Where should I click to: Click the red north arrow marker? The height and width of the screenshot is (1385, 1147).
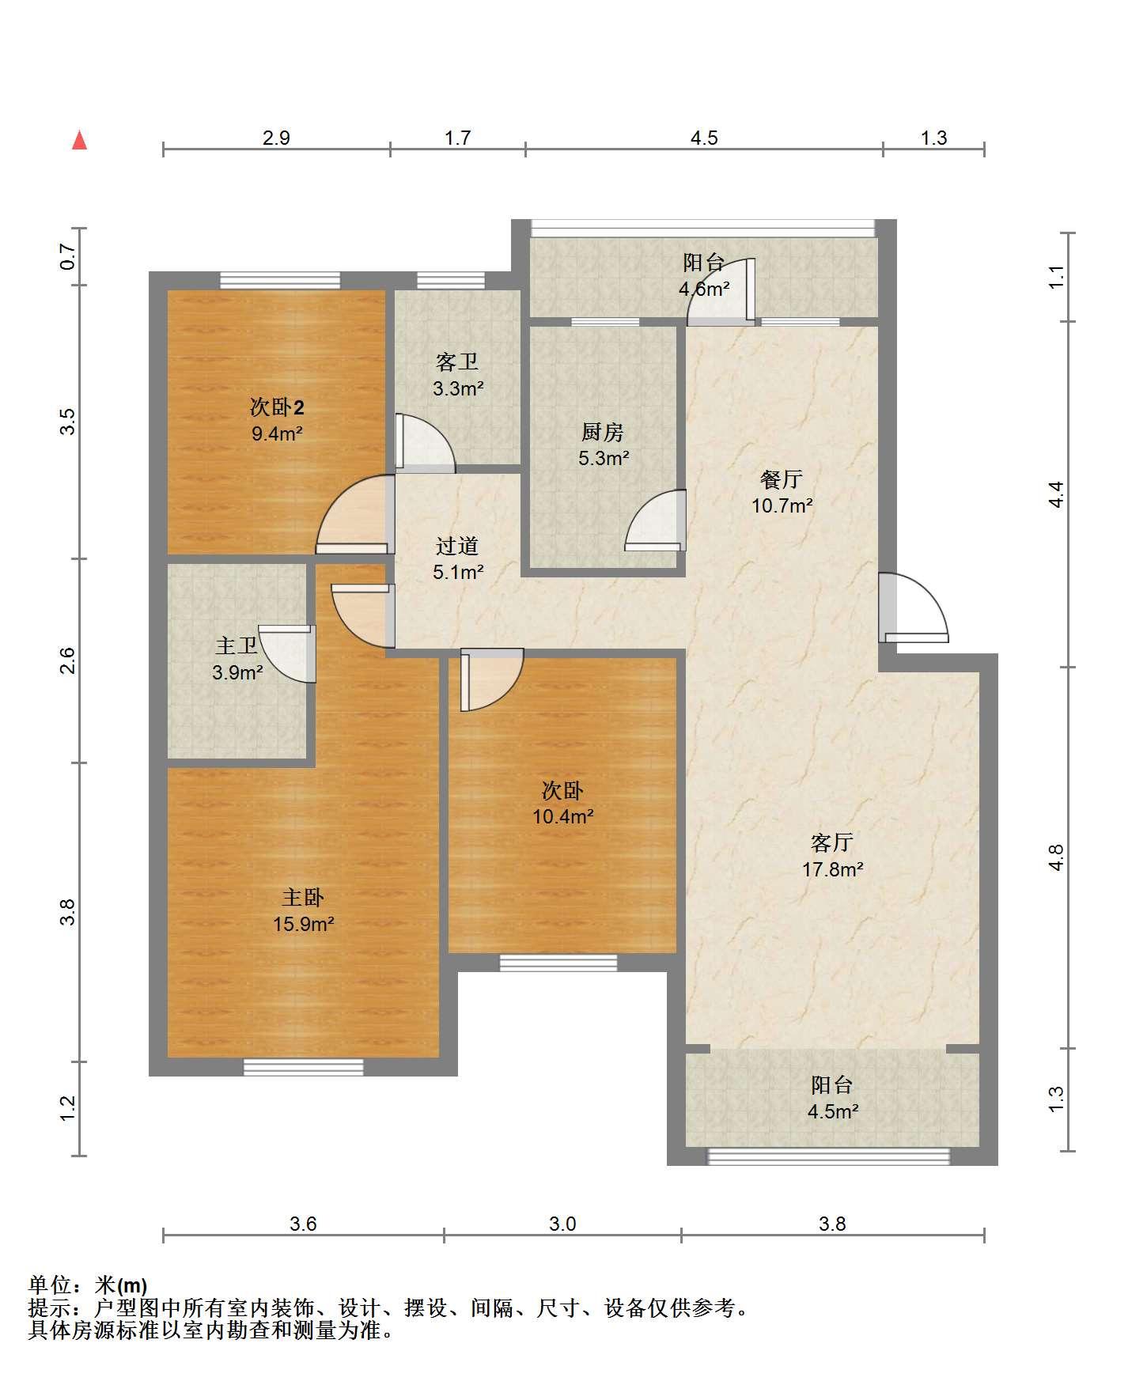(79, 140)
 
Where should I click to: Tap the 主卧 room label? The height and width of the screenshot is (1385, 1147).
(304, 898)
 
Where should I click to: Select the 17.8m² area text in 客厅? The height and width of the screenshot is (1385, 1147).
(832, 869)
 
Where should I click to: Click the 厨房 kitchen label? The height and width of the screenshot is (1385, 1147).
(603, 432)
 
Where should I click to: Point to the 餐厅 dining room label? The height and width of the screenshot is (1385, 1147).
(782, 479)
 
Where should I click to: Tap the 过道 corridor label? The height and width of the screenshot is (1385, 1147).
(457, 546)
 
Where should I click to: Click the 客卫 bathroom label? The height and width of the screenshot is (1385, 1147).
(457, 362)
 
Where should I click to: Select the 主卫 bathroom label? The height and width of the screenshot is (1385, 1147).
(237, 646)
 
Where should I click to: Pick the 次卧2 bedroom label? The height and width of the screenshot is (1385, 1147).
(278, 407)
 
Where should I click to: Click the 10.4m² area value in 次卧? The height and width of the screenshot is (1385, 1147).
(563, 815)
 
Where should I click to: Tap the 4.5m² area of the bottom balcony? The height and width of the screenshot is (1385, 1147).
(833, 1111)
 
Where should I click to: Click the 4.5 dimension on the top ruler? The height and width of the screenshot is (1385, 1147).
(704, 138)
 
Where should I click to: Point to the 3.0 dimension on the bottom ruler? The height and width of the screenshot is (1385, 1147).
(562, 1224)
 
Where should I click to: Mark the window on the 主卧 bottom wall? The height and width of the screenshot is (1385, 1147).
(303, 1067)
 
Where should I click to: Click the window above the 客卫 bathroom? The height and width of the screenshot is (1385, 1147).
(450, 280)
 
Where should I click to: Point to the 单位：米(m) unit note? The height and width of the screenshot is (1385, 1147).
(88, 1285)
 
